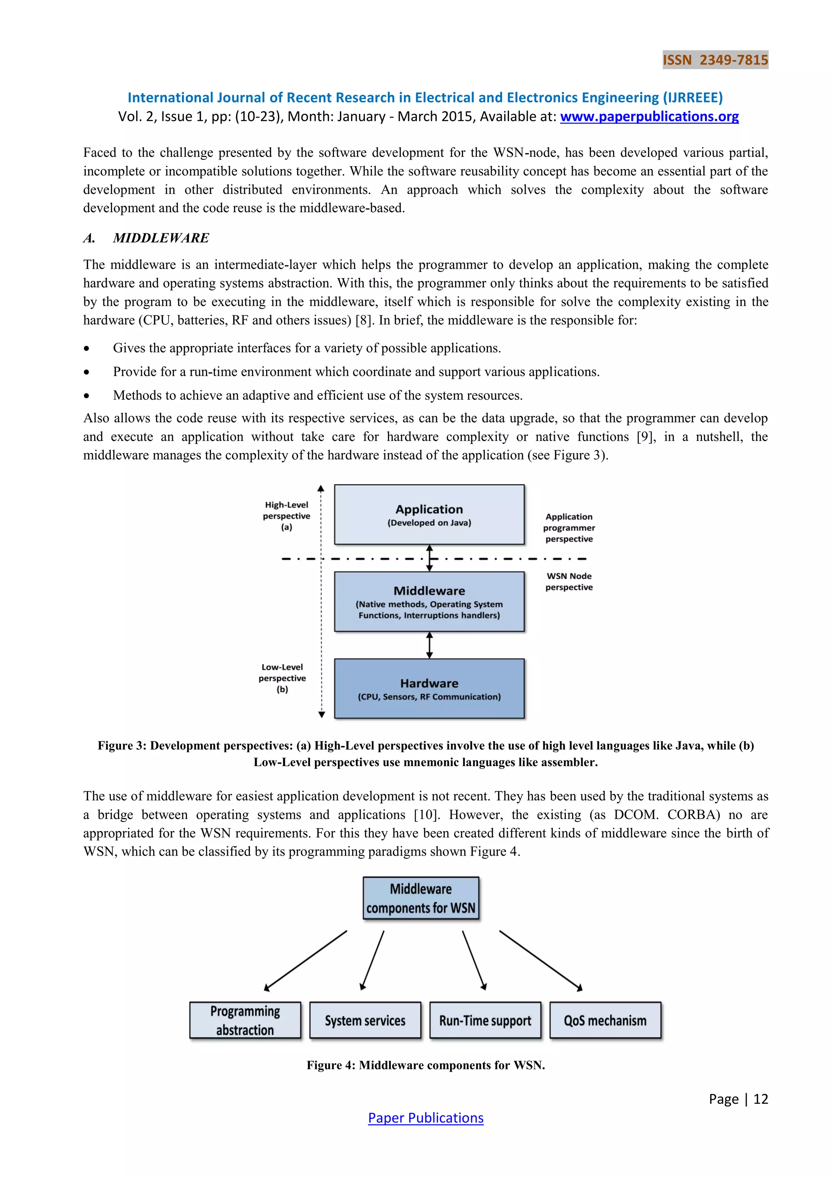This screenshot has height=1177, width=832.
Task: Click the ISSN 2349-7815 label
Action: click(x=715, y=60)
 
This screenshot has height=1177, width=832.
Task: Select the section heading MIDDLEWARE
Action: click(x=161, y=238)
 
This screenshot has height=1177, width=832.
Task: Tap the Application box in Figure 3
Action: click(x=429, y=515)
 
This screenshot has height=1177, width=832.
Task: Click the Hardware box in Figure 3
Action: click(x=429, y=688)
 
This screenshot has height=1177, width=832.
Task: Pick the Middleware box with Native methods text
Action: click(x=429, y=602)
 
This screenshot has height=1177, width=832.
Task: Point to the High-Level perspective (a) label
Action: click(x=286, y=516)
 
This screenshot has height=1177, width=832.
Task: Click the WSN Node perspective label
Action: click(x=569, y=581)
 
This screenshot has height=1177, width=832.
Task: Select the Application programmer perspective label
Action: click(x=569, y=528)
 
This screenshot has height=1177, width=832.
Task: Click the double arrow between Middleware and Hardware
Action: click(x=429, y=645)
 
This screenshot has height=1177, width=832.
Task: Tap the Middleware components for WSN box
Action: click(x=420, y=898)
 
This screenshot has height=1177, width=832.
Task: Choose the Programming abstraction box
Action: click(x=245, y=1020)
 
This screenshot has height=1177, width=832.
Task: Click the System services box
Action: click(x=365, y=1020)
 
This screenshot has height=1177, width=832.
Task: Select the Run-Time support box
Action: click(x=485, y=1020)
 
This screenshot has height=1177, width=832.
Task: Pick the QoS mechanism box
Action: click(x=605, y=1020)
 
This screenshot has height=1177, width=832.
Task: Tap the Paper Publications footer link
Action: click(x=426, y=1118)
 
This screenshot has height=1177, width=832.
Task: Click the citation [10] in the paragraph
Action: click(x=426, y=814)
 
